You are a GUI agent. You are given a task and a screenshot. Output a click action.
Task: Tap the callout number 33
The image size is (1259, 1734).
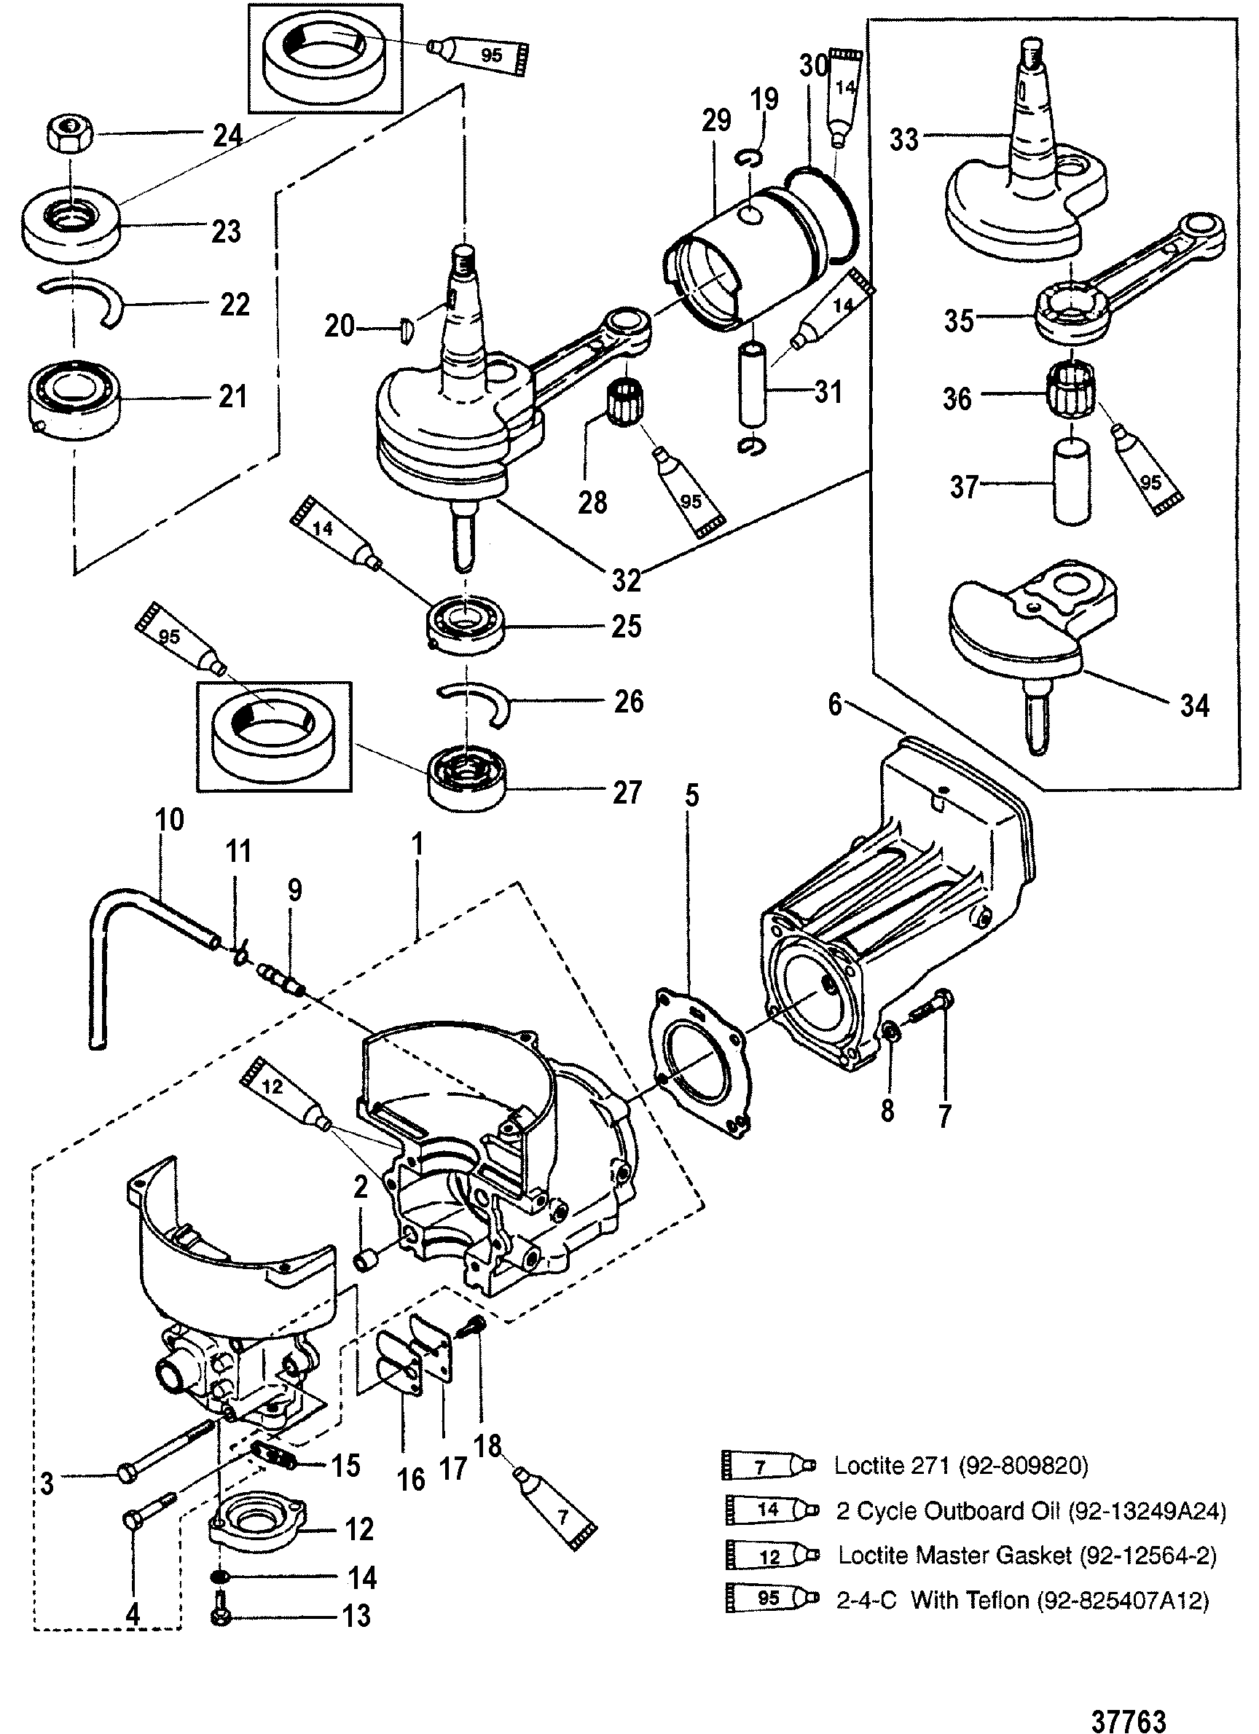tap(903, 140)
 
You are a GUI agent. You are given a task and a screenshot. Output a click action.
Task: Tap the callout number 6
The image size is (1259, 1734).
tap(835, 703)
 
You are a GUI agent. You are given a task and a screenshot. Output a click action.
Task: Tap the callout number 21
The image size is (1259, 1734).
tap(232, 396)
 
